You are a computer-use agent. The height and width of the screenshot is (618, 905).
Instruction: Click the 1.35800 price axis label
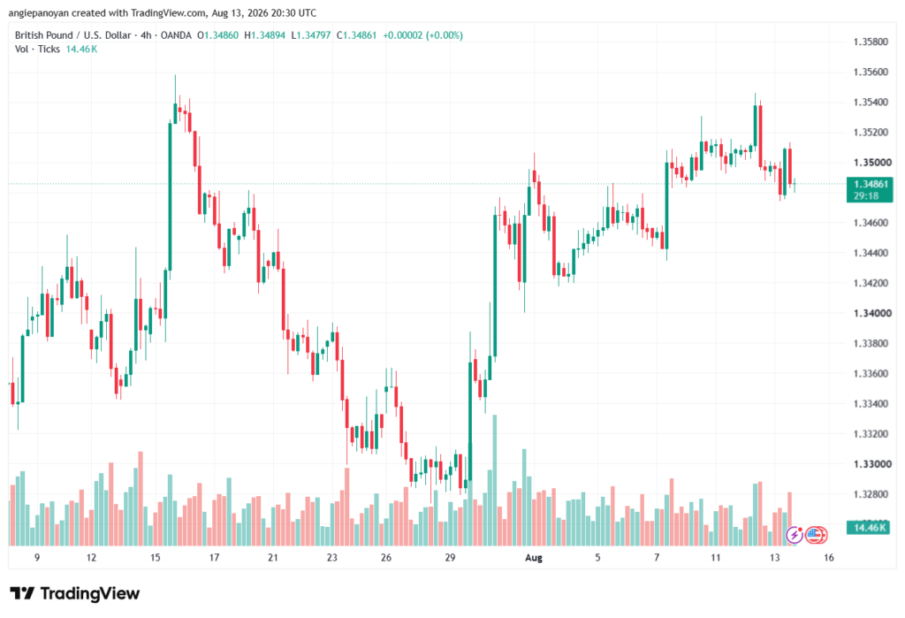pos(871,42)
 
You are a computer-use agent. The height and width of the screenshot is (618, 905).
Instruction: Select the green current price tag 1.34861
pos(870,190)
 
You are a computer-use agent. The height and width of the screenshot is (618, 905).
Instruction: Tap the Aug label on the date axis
pos(533,558)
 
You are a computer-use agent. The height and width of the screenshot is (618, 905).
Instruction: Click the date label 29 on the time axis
pos(450,558)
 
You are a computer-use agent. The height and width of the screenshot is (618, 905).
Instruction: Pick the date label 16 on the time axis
pos(829,558)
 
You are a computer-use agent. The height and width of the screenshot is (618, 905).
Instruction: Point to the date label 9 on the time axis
pos(37,558)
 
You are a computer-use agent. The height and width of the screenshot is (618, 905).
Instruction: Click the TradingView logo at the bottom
pos(75,594)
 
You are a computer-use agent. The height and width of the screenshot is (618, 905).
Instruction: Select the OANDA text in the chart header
pos(176,35)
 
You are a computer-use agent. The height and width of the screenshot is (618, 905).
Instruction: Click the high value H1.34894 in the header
pos(265,35)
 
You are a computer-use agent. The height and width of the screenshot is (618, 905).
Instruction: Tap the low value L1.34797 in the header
pos(311,35)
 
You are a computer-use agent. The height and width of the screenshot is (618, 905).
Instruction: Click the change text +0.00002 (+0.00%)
pos(423,35)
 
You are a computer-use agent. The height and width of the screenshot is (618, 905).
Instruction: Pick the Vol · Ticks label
pos(37,50)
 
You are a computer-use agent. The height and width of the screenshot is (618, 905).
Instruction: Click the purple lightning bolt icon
pos(795,535)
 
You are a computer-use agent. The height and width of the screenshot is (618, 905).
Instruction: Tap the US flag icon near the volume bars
pos(816,535)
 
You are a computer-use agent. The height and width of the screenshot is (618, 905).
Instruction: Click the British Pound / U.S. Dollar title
pos(72,35)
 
